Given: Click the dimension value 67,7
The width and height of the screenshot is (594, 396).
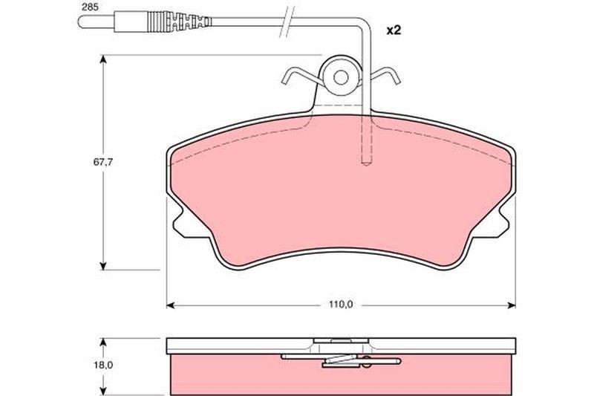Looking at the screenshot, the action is pyautogui.click(x=103, y=162).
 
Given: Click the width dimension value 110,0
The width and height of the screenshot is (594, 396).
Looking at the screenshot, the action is pyautogui.click(x=341, y=305).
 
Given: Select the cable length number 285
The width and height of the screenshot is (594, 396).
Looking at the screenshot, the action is pyautogui.click(x=90, y=7).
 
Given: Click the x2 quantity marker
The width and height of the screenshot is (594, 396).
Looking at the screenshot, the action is pyautogui.click(x=394, y=30).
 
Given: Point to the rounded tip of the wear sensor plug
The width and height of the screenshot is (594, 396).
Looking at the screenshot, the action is pyautogui.click(x=80, y=22).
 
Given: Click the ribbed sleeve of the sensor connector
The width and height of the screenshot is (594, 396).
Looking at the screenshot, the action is pyautogui.click(x=179, y=22).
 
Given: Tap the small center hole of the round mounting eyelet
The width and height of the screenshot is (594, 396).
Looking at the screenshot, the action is pyautogui.click(x=341, y=77).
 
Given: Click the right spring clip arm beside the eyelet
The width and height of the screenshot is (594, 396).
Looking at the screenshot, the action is pyautogui.click(x=385, y=74).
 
